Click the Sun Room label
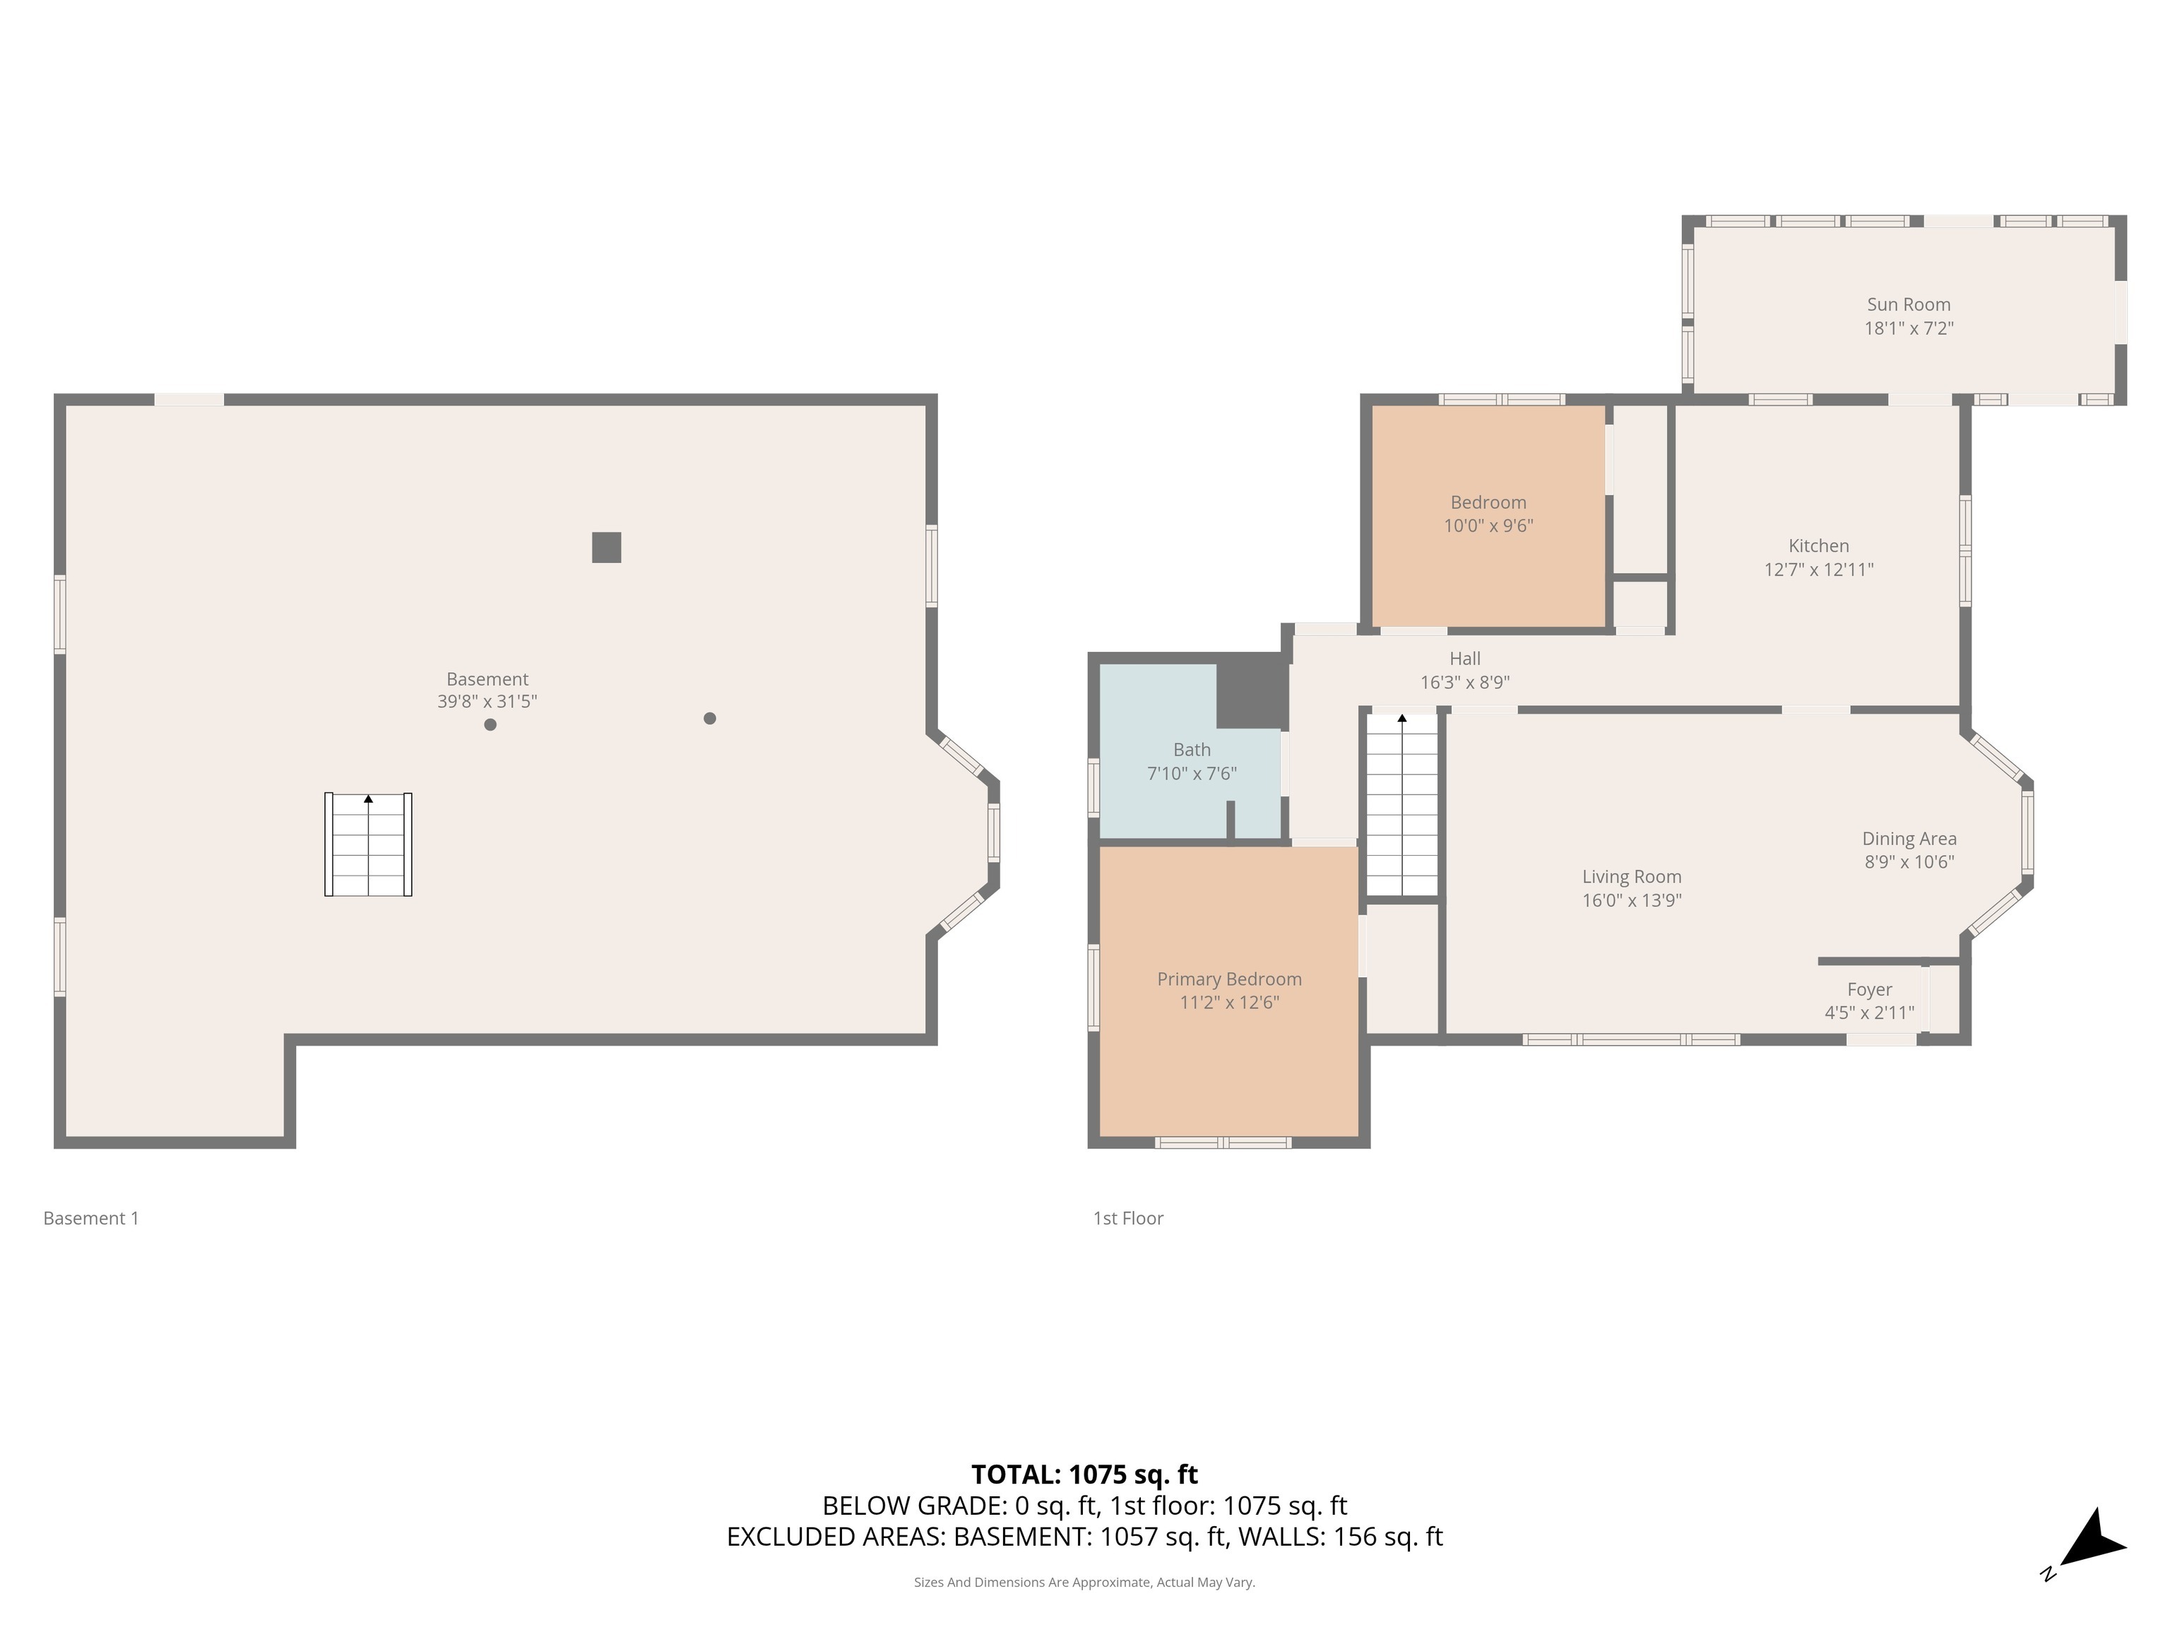tap(1907, 305)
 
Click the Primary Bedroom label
tap(1228, 979)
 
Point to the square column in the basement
tap(606, 547)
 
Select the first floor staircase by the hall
tap(1402, 804)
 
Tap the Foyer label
tap(1869, 989)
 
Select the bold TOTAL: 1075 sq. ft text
tap(1084, 1474)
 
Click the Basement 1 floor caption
tap(91, 1218)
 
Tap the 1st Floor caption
tap(1128, 1218)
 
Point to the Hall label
tap(1464, 659)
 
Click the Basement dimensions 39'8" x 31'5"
tap(487, 702)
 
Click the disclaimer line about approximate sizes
tap(1084, 1582)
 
